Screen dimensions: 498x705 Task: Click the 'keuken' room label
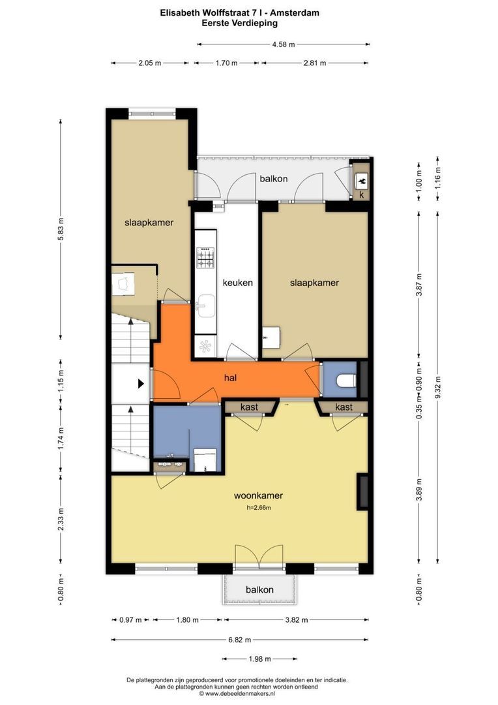(x=237, y=283)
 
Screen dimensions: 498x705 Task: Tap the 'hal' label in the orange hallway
(x=230, y=378)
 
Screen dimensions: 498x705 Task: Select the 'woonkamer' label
(x=258, y=495)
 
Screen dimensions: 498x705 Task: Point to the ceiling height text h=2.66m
(x=259, y=508)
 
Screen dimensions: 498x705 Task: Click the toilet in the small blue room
(x=346, y=381)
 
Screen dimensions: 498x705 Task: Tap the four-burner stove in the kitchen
(x=206, y=258)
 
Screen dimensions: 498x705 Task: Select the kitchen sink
(x=206, y=306)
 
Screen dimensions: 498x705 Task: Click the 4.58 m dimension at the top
(x=284, y=44)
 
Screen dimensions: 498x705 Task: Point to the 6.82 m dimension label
(x=239, y=639)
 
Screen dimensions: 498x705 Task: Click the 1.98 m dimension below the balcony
(x=260, y=659)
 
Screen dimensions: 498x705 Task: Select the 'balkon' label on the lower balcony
(x=259, y=590)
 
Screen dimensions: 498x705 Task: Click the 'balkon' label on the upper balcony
(x=274, y=179)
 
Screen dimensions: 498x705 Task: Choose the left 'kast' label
(x=249, y=407)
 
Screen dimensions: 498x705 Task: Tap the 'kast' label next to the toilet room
(x=344, y=407)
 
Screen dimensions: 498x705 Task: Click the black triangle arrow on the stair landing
(x=141, y=384)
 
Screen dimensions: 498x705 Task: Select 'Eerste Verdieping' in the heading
(x=240, y=23)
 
